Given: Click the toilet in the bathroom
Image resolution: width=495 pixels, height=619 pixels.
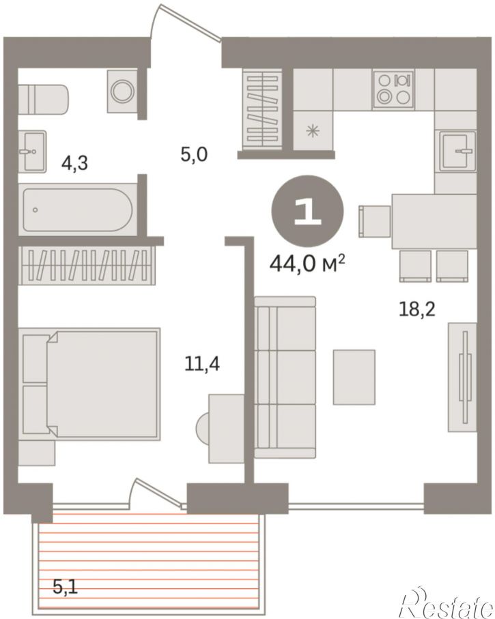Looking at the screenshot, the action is (x=44, y=100).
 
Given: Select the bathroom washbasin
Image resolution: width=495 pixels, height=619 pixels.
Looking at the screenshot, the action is (x=32, y=152).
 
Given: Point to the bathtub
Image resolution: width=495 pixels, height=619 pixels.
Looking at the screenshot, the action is (x=78, y=210).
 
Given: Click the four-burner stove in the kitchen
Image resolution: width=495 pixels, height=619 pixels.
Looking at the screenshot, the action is (x=394, y=89).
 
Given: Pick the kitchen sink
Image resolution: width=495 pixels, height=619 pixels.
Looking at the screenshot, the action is (x=456, y=151).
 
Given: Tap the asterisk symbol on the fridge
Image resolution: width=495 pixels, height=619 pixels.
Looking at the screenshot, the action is (x=313, y=130).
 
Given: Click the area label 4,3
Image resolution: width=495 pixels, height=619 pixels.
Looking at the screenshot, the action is (x=74, y=162).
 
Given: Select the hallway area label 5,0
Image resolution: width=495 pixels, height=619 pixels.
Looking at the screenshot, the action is (x=194, y=154).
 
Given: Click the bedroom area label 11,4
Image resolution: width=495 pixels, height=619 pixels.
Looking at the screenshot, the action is (x=202, y=363).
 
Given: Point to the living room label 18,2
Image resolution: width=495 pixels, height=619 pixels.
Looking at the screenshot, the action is (x=416, y=309).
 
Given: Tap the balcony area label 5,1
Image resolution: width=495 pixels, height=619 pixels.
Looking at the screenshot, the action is (x=66, y=587).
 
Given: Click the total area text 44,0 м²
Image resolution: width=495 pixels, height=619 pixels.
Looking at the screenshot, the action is (x=307, y=263).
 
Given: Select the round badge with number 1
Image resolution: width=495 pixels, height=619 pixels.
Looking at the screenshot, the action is (x=307, y=212).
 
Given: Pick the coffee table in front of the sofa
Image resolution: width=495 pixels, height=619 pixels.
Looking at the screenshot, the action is (x=354, y=377).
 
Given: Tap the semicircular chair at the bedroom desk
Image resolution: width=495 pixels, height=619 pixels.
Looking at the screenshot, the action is (x=202, y=427).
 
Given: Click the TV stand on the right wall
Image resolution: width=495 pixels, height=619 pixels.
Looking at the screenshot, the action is (x=462, y=377).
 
